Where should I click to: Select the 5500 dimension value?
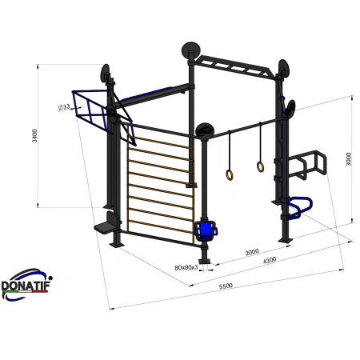[215, 286]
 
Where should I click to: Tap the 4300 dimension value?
[270, 259]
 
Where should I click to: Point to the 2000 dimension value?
[252, 251]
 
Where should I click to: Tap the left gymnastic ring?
[229, 174]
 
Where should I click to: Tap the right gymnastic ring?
[260, 166]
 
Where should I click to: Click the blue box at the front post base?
[207, 230]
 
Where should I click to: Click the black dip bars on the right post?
[308, 164]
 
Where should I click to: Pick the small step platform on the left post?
[103, 226]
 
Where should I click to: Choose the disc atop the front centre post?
[205, 130]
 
